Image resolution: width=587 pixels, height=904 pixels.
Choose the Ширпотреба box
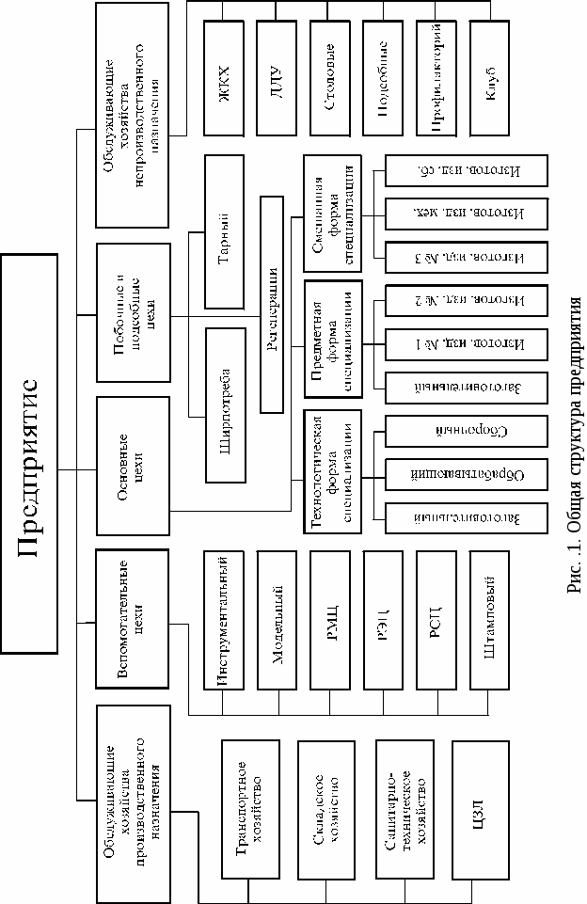click(x=229, y=404)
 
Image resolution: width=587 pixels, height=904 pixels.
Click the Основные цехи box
click(x=133, y=453)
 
